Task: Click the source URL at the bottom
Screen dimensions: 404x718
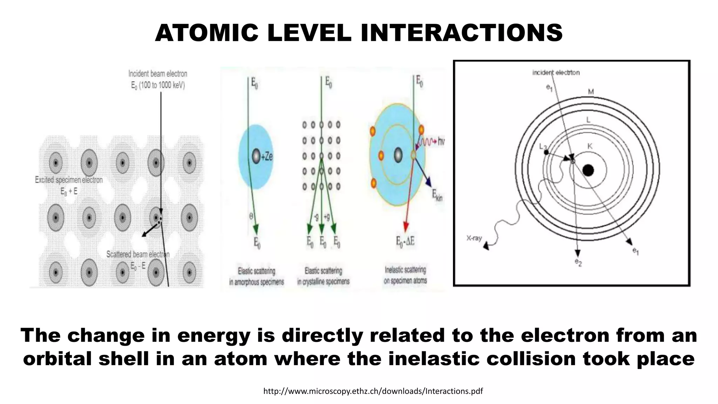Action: [373, 391]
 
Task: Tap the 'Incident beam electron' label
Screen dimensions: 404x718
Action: [158, 74]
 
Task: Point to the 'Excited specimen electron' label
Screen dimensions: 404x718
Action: [69, 180]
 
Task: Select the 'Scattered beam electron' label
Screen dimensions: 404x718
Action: [138, 254]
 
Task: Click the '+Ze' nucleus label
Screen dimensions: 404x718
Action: [267, 156]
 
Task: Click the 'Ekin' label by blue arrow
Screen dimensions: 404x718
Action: [437, 195]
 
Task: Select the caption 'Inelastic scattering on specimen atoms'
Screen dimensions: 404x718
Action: [405, 275]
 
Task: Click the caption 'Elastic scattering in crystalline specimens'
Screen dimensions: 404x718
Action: [323, 276]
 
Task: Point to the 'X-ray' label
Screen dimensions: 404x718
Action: [474, 238]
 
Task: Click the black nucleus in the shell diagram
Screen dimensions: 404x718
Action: [588, 170]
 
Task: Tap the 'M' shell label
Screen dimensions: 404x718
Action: [591, 92]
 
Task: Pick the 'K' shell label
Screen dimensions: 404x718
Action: [590, 146]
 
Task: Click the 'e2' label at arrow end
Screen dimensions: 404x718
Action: [578, 262]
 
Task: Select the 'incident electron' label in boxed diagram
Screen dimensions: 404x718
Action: [556, 73]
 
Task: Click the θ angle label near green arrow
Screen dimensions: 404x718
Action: [251, 216]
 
